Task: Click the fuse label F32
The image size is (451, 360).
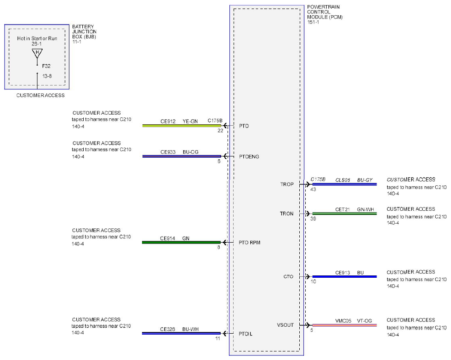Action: (x=46, y=66)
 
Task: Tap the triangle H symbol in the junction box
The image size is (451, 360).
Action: (x=37, y=53)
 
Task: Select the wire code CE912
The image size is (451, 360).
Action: (x=168, y=122)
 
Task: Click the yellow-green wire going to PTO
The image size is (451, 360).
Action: (x=181, y=126)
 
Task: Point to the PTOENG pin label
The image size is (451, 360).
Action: (x=249, y=157)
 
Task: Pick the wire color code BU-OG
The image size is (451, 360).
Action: (x=191, y=152)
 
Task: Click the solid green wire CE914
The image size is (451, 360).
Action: (x=181, y=243)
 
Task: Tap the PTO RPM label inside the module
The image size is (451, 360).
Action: (x=249, y=243)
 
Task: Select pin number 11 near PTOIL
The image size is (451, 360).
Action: (x=218, y=338)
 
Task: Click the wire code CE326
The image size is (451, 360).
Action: (x=167, y=329)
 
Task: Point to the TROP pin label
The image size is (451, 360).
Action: (x=287, y=184)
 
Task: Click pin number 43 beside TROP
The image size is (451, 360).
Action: (x=313, y=189)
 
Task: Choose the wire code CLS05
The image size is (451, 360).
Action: (x=343, y=180)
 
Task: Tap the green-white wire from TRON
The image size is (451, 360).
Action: (x=345, y=214)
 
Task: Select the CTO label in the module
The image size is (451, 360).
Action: (x=288, y=277)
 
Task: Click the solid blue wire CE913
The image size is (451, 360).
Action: (x=345, y=277)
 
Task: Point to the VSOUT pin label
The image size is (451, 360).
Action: (x=285, y=325)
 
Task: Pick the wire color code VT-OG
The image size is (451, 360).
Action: (x=365, y=321)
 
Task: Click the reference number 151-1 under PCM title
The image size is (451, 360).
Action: (x=313, y=22)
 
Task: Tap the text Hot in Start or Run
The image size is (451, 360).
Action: (x=37, y=38)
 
